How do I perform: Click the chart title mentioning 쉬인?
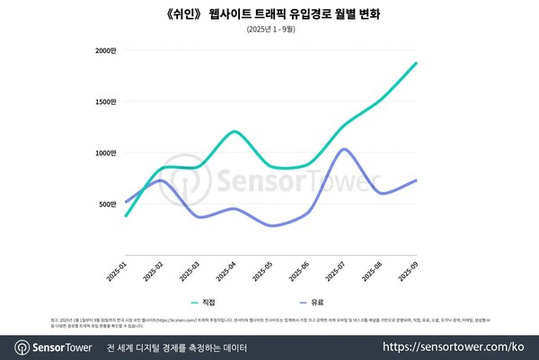pos(269,13)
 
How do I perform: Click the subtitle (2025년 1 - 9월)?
pos(269,30)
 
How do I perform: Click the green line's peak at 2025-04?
pos(234,131)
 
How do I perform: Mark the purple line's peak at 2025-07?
pos(343,149)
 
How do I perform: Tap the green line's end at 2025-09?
pos(416,63)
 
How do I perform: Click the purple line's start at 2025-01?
pos(125,201)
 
